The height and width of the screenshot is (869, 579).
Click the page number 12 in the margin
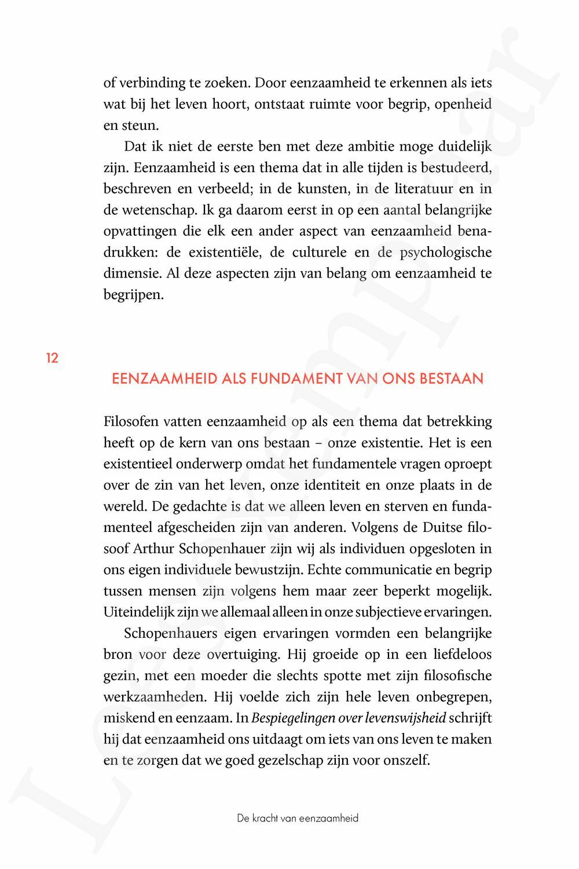(x=52, y=358)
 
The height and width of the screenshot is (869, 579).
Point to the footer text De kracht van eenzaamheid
(x=298, y=818)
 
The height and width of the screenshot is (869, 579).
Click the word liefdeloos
(x=455, y=654)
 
